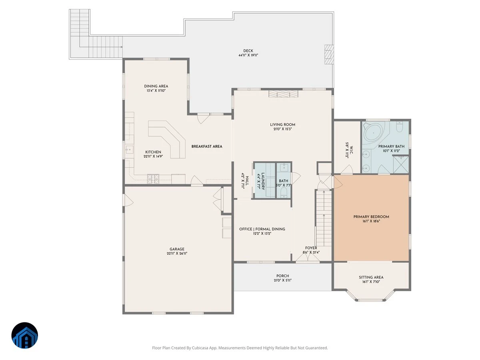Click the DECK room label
(248, 51)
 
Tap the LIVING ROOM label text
(282, 124)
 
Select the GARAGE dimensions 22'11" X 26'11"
(177, 254)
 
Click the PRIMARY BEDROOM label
(371, 217)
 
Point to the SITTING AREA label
(371, 277)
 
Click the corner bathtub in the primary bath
(374, 132)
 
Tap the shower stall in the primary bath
(401, 164)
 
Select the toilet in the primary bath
(400, 127)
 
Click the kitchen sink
(129, 150)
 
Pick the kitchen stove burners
(153, 179)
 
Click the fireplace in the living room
(283, 94)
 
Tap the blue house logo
(25, 335)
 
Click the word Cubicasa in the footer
(200, 348)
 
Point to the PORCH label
(282, 276)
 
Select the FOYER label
(311, 248)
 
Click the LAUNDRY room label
(263, 181)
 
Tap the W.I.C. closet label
(351, 150)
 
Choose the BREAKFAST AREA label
(207, 146)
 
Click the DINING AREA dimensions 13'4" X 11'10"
(156, 90)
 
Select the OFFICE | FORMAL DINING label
(262, 229)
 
